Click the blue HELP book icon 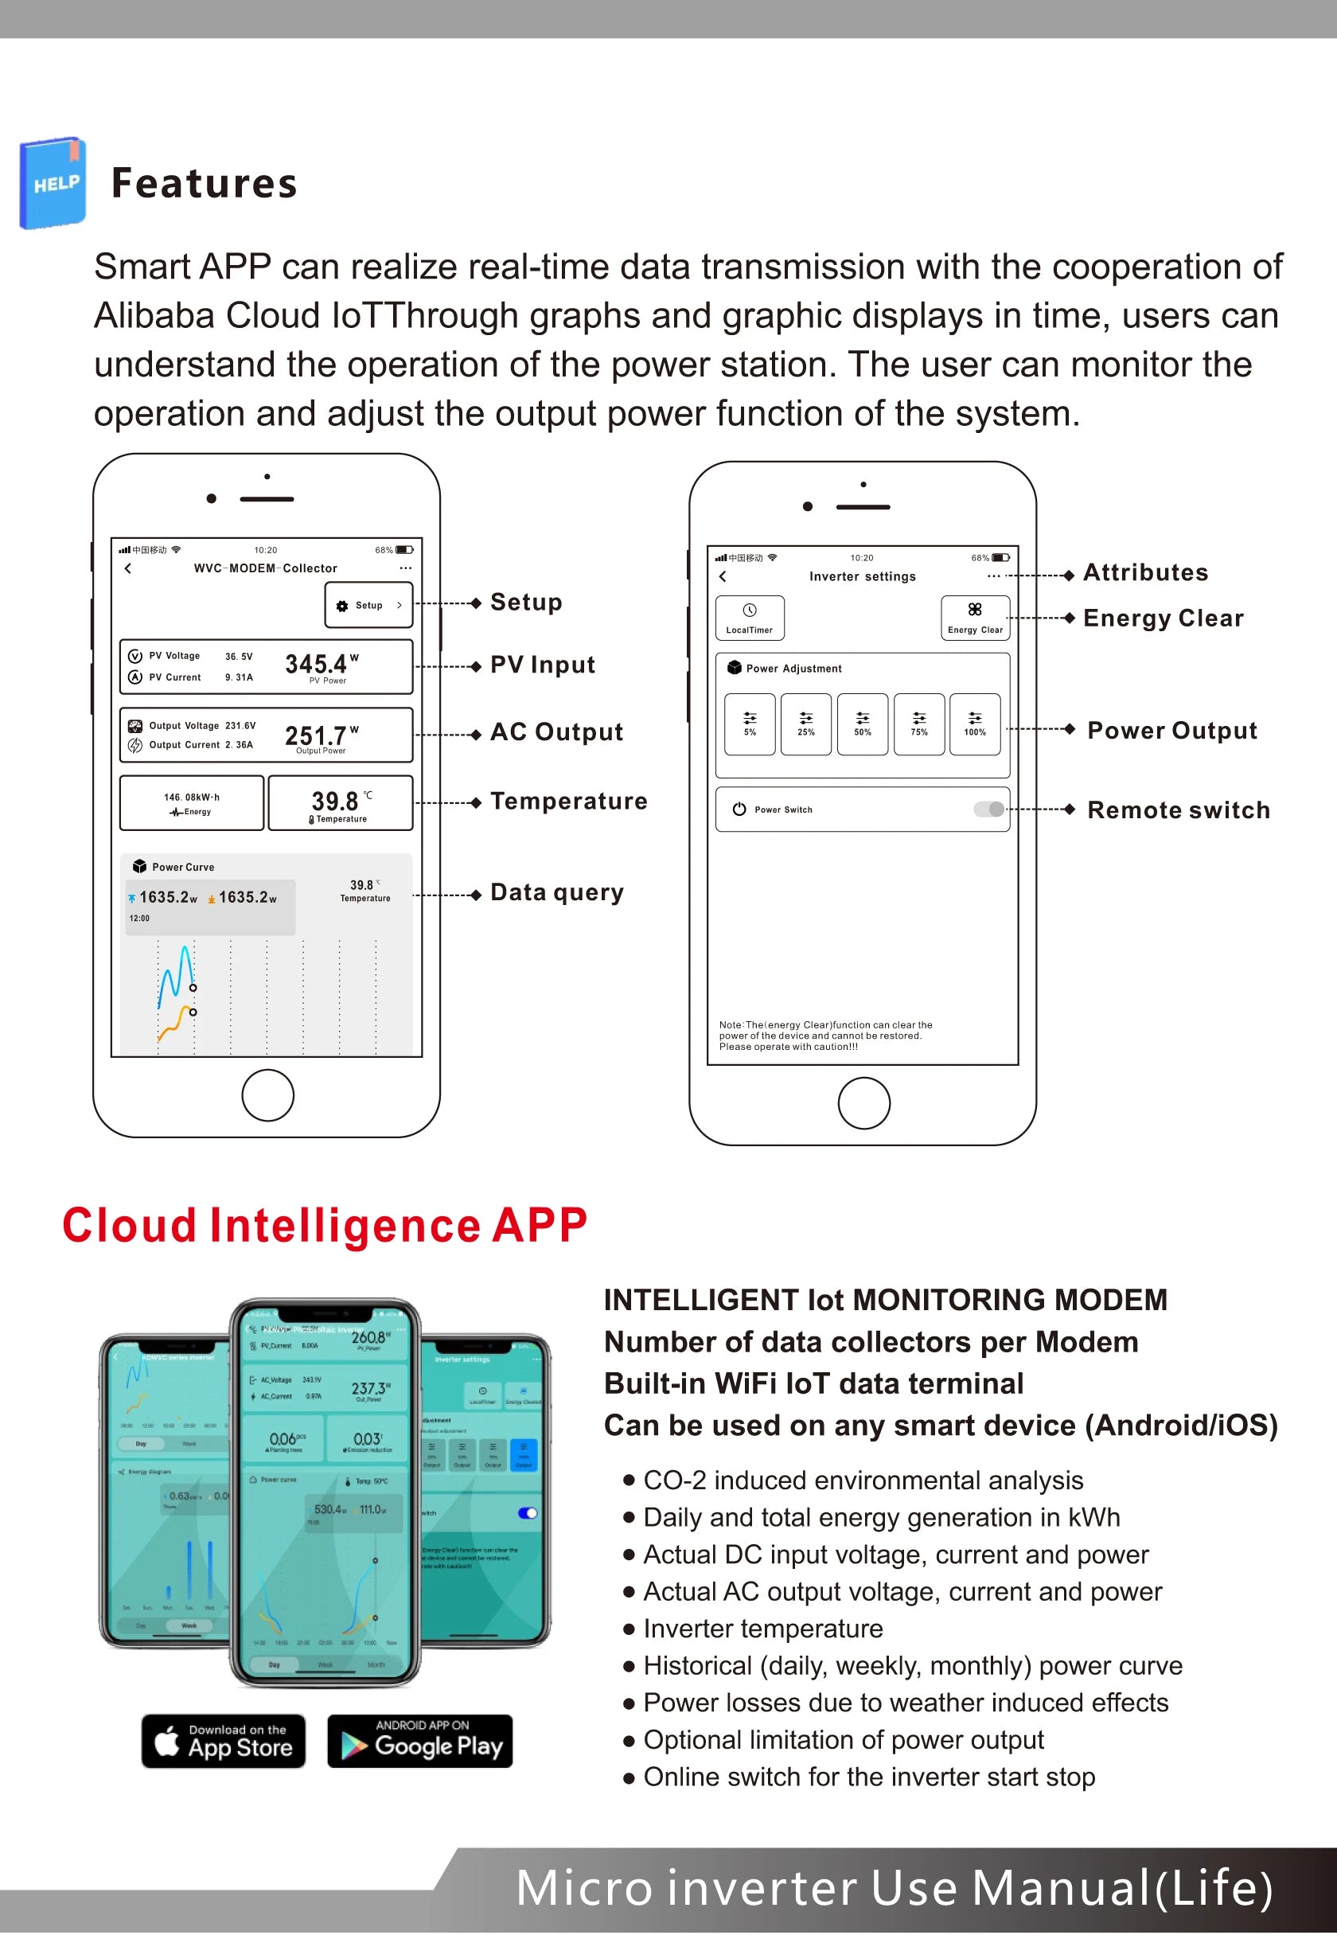pos(53,182)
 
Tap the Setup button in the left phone pos(368,606)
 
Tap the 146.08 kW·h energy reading pos(192,798)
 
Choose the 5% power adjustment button pos(750,724)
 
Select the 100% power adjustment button pos(975,724)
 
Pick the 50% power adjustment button pos(863,724)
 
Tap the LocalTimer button pos(750,618)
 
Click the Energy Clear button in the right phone pos(975,618)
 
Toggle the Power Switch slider pos(989,810)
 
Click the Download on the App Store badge pos(224,1742)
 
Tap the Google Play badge pos(419,1742)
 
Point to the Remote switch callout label pos(1179,810)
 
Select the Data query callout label pos(557,893)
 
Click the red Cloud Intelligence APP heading pos(325,1227)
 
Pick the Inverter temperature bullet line pos(762,1629)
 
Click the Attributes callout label pos(1146,573)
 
